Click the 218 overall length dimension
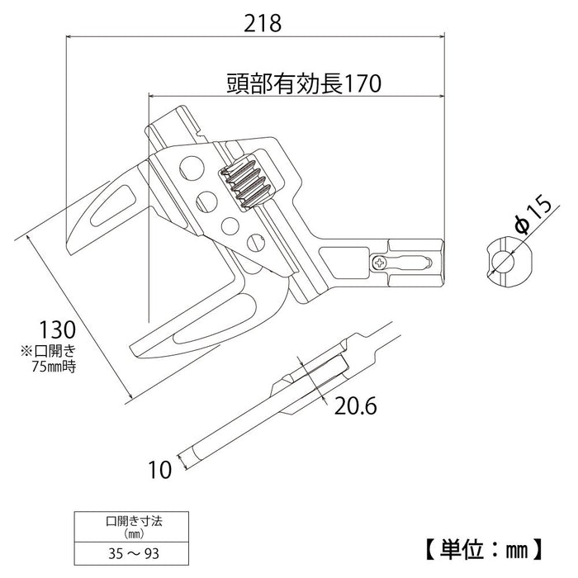(263, 23)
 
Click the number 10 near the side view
(161, 470)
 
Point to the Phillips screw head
(380, 263)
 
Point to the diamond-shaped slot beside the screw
(410, 262)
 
